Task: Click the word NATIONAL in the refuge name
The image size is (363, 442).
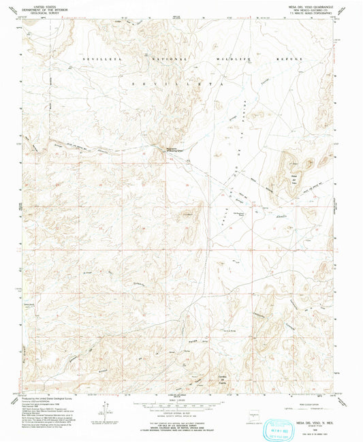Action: point(161,60)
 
